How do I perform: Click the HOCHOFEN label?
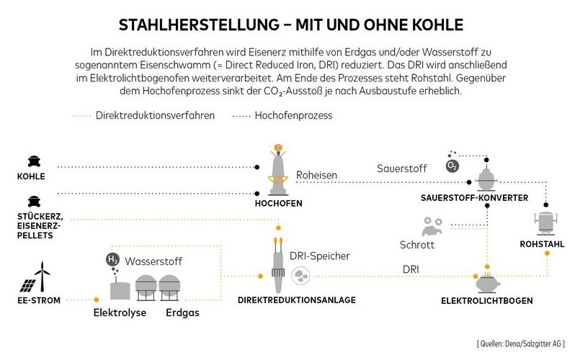tap(278, 204)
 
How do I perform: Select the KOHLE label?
tap(32, 176)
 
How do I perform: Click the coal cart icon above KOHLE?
tap(32, 161)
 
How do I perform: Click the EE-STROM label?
tap(40, 300)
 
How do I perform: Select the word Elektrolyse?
tap(120, 313)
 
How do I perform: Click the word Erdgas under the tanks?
tap(182, 313)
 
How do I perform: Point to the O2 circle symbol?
tap(453, 165)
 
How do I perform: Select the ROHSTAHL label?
tap(541, 245)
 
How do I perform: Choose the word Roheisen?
tap(318, 174)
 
